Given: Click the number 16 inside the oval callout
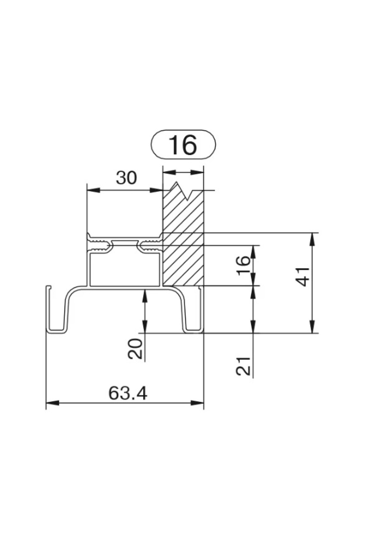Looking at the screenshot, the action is tap(183, 145).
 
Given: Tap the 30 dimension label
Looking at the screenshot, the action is tap(126, 178).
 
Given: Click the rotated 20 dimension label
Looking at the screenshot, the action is tap(135, 349).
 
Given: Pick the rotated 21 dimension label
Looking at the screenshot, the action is tap(243, 366).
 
